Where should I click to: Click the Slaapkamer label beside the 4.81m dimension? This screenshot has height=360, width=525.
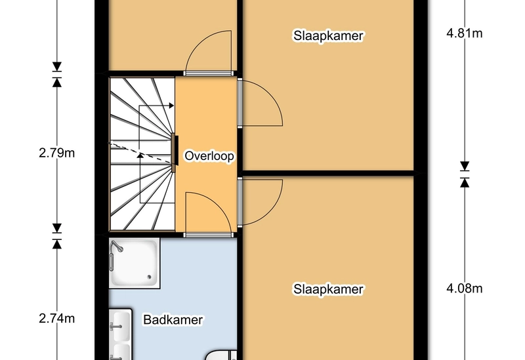[x=328, y=36]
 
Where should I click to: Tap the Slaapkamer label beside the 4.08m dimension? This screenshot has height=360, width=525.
[x=328, y=289]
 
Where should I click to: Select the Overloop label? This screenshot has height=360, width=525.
[x=209, y=156]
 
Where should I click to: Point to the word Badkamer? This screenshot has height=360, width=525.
[x=173, y=320]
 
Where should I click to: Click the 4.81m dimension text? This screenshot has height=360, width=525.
[x=465, y=33]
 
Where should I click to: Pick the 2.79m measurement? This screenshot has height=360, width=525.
[x=57, y=153]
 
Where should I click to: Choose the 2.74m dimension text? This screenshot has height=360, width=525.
[x=57, y=319]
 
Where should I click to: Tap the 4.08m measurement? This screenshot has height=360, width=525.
[x=465, y=289]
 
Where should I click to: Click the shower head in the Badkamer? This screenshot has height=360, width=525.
[x=117, y=246]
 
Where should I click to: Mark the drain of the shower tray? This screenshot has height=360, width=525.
[x=149, y=277]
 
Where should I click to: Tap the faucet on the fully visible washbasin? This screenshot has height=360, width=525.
[x=115, y=326]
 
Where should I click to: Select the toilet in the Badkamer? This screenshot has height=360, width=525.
[x=221, y=355]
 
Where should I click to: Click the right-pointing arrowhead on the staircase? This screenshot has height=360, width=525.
[x=171, y=106]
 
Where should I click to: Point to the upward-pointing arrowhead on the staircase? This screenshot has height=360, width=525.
[x=140, y=155]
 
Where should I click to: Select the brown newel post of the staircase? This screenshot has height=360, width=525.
[x=174, y=153]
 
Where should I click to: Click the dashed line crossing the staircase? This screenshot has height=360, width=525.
[x=140, y=153]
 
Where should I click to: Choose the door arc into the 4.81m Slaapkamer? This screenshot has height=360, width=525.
[x=273, y=97]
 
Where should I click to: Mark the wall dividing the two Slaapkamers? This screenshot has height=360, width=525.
[x=328, y=173]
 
